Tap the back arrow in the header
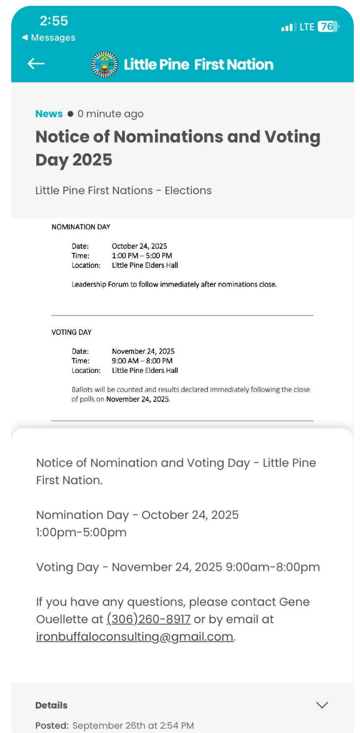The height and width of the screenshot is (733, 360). (x=36, y=64)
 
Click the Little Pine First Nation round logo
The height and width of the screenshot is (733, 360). (x=104, y=64)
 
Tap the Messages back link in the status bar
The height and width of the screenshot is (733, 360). (x=49, y=38)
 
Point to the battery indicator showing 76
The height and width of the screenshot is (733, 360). (x=328, y=26)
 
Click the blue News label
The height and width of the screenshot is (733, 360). (x=49, y=114)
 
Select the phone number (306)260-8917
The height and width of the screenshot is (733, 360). (x=149, y=619)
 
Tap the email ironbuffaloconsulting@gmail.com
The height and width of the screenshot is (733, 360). (x=135, y=637)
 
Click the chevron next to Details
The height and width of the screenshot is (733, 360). (x=322, y=705)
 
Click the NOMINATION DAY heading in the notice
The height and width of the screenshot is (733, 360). (x=81, y=227)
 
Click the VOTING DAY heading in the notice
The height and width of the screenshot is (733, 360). (x=72, y=332)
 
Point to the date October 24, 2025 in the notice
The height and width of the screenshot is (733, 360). (x=139, y=246)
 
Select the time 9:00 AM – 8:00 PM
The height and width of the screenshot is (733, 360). (x=142, y=361)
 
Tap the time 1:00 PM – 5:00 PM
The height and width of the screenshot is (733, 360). (x=142, y=256)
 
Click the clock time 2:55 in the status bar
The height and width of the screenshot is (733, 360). (x=54, y=21)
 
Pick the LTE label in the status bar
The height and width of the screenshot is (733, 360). (x=307, y=27)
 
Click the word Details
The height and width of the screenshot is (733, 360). (x=51, y=705)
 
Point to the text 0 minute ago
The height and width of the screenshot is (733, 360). (x=110, y=114)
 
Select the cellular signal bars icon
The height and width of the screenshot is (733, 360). (x=287, y=27)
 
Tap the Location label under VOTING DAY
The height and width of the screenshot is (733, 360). (x=86, y=371)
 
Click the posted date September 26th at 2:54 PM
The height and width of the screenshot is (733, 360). (x=133, y=726)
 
